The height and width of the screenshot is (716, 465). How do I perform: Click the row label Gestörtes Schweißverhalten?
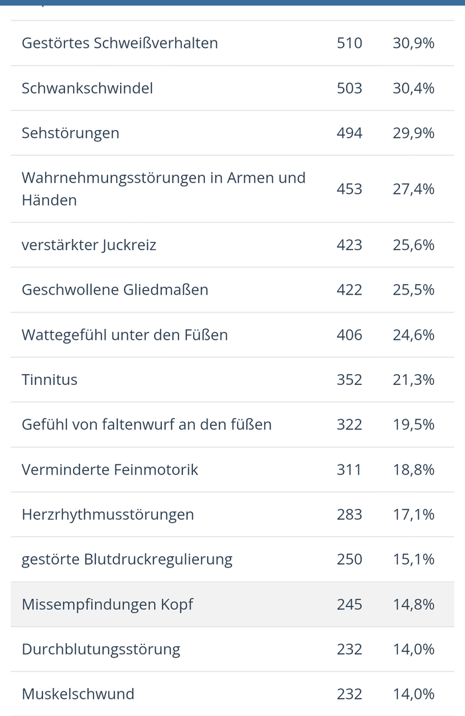click(x=119, y=43)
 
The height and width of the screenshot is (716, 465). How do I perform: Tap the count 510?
click(x=349, y=43)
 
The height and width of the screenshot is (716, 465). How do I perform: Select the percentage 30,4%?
click(x=413, y=88)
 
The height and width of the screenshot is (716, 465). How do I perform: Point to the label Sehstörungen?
click(x=70, y=133)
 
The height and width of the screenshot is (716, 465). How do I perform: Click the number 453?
click(x=349, y=189)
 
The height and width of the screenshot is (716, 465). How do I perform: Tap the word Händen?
click(x=49, y=200)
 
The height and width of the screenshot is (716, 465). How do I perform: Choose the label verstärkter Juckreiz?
click(x=89, y=245)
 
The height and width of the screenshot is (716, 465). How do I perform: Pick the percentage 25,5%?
click(x=413, y=290)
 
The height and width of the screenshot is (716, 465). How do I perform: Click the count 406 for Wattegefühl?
click(x=349, y=335)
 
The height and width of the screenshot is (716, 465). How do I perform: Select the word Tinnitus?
click(x=50, y=380)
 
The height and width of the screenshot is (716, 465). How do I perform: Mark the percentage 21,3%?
click(x=413, y=380)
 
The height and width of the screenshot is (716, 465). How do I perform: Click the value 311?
click(x=349, y=470)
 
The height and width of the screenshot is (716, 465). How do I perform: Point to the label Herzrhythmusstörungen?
click(x=107, y=514)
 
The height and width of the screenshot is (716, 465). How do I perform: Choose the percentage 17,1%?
click(x=413, y=514)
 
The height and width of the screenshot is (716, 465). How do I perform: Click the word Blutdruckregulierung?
click(x=158, y=559)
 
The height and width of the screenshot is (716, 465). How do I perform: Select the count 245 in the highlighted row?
click(x=349, y=605)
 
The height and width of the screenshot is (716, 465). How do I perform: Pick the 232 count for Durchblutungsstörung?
click(x=349, y=649)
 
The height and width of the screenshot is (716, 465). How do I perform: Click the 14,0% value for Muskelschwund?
click(x=413, y=694)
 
